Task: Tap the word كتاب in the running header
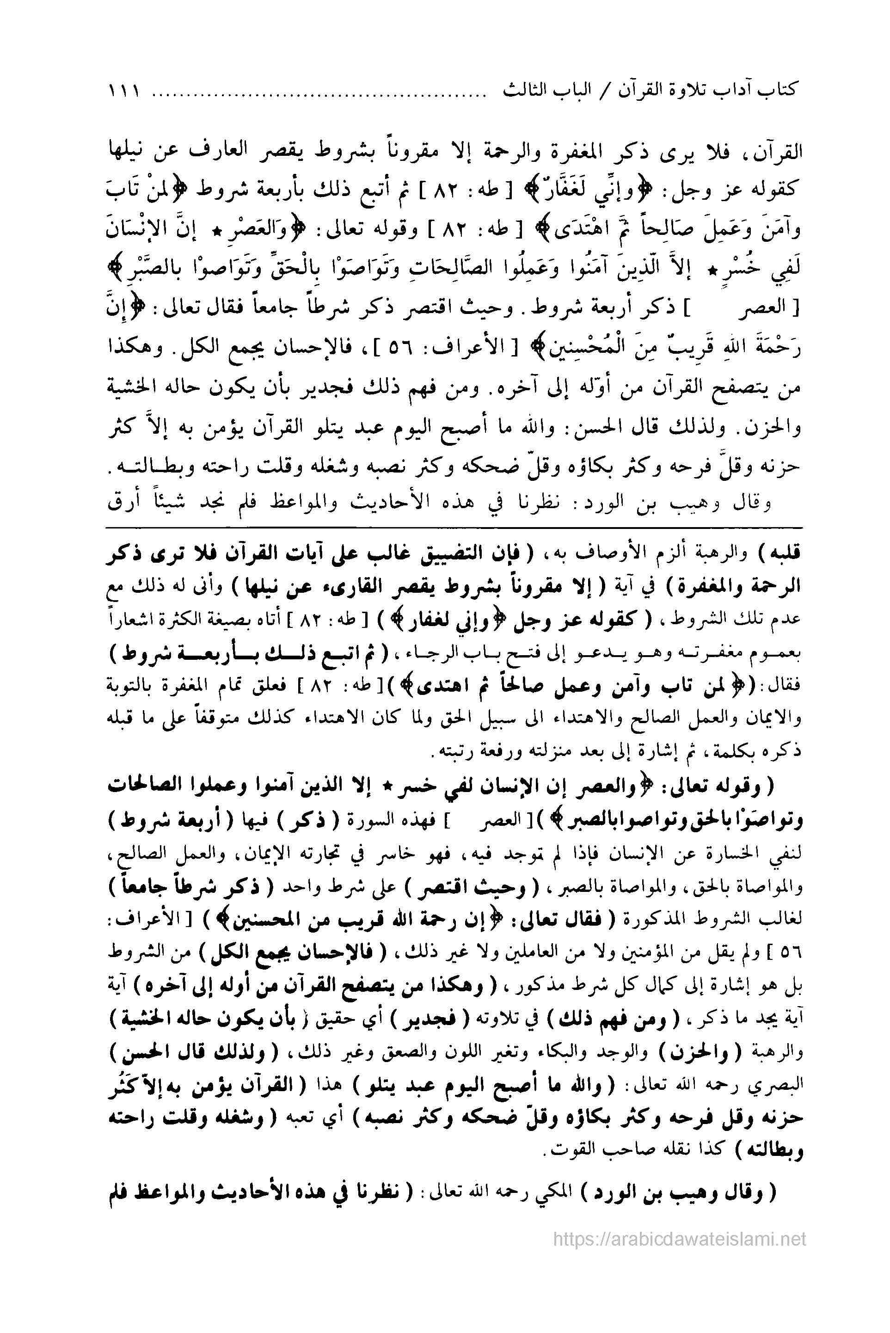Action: click(x=780, y=91)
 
